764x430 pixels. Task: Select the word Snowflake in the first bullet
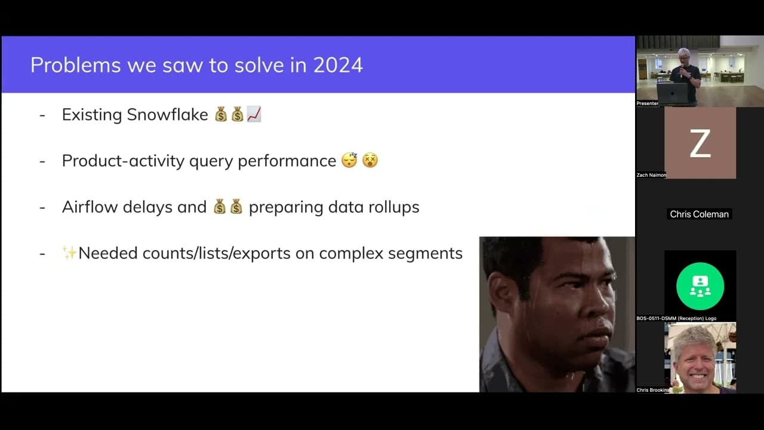[x=167, y=115]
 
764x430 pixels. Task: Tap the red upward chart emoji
[x=254, y=114]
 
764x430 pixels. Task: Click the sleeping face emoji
[x=349, y=160]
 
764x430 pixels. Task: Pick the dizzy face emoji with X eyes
[x=370, y=160]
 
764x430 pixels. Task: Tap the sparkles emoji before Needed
[x=69, y=253]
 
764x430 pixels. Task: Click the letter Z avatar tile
[x=700, y=143]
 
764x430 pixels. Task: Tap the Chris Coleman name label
[x=699, y=214]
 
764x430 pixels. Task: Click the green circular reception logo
[x=700, y=286]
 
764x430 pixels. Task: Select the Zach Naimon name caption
[x=651, y=175]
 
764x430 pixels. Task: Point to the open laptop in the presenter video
[x=672, y=93]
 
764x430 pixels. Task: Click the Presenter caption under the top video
[x=648, y=103]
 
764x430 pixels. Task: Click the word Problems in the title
[x=75, y=65]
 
